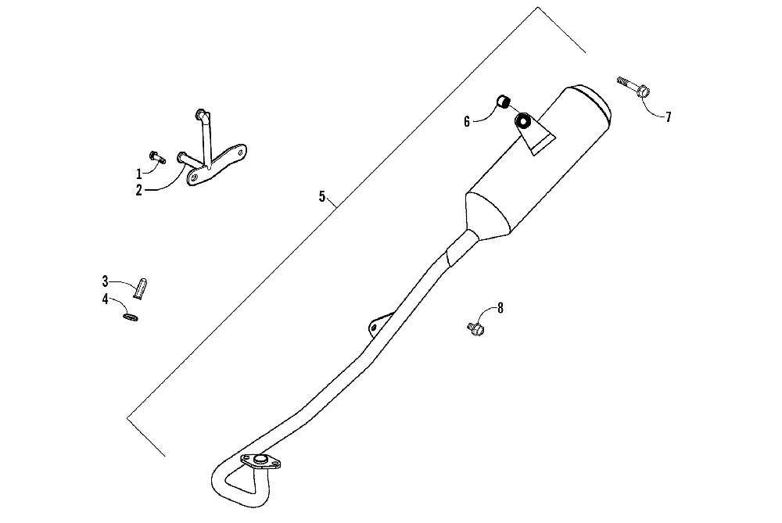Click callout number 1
point(139,174)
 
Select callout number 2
point(139,190)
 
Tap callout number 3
point(105,280)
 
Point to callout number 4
point(105,298)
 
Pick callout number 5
point(321,196)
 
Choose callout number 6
point(467,121)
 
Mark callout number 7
point(668,117)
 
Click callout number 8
point(500,308)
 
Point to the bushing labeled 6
point(504,102)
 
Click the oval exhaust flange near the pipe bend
point(260,462)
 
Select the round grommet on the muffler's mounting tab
point(523,121)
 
